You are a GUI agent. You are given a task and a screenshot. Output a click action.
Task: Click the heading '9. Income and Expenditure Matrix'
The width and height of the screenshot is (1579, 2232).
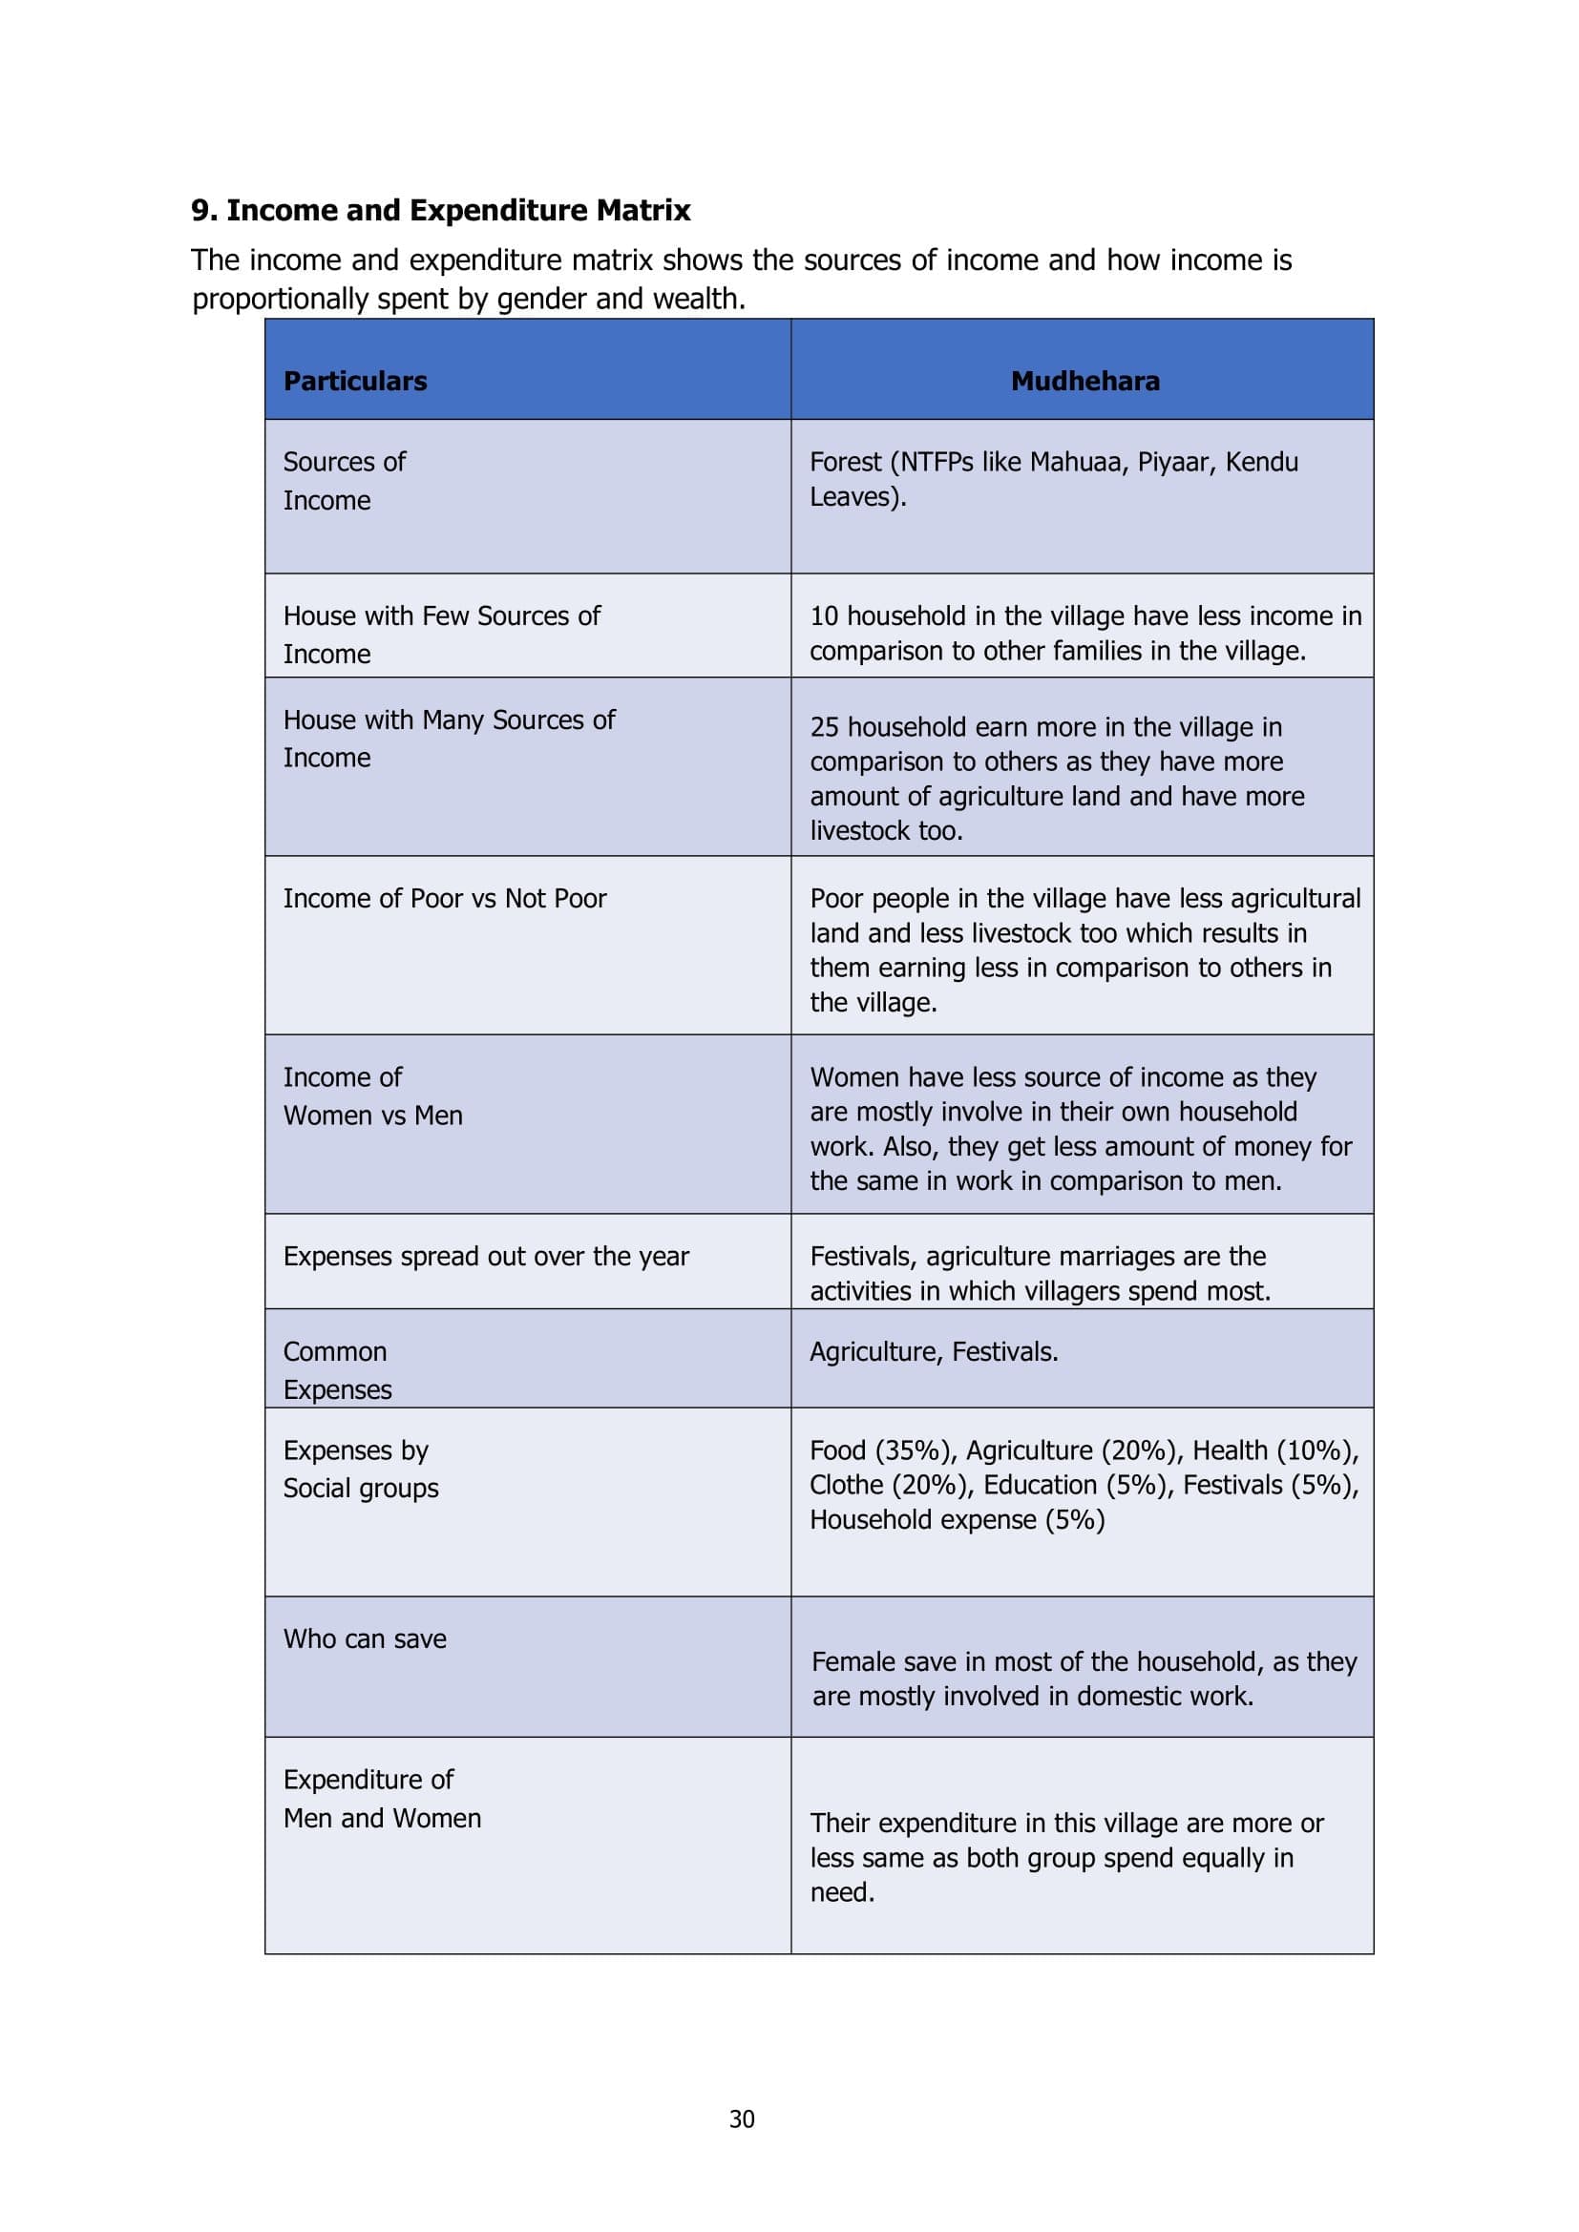click(440, 210)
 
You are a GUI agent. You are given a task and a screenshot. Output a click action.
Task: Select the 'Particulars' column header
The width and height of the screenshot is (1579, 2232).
click(355, 381)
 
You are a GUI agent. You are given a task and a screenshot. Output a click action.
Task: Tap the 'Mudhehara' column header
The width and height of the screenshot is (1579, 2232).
click(1085, 381)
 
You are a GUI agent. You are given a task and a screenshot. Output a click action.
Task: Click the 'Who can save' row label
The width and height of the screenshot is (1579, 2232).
click(365, 1639)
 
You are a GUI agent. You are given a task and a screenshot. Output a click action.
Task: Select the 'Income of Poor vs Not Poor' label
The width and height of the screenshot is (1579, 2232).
click(444, 898)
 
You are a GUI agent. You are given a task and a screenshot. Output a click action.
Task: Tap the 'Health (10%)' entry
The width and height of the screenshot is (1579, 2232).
click(1274, 1450)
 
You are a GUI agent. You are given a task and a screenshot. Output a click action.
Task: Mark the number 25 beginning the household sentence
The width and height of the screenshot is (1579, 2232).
click(824, 727)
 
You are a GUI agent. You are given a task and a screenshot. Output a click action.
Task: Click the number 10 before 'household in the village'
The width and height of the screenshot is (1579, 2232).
click(824, 616)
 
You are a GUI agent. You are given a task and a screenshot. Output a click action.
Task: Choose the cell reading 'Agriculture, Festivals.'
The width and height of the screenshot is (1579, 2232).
click(934, 1352)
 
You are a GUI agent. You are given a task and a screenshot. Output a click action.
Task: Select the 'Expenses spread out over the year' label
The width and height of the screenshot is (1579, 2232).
click(486, 1257)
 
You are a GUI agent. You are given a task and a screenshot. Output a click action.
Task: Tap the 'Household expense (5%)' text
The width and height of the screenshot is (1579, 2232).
click(957, 1520)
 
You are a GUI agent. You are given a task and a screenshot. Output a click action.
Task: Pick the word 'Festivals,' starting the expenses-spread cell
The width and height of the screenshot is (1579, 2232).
click(863, 1257)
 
